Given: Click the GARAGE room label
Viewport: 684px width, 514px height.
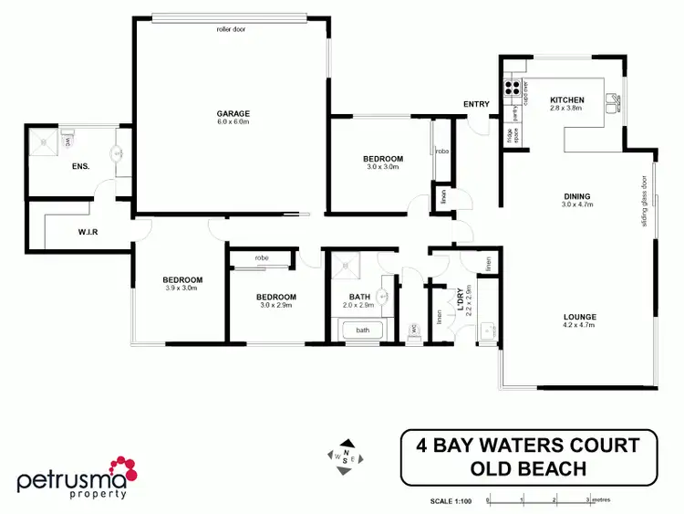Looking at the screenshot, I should pos(233,112).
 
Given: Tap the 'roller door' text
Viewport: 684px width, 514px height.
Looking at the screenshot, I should pos(231,29).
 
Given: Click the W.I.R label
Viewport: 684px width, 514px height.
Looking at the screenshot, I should pos(88,232).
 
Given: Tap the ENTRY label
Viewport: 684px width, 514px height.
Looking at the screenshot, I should pos(476,103).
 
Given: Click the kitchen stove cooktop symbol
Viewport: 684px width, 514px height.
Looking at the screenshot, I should pos(513,89).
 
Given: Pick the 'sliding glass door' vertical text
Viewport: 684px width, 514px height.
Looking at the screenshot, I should pos(644,202).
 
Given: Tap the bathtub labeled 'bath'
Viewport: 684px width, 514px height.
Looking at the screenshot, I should pos(363,330).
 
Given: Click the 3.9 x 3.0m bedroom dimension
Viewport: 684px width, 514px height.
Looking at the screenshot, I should pos(182,288).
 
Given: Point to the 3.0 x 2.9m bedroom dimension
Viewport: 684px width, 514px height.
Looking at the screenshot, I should pos(275,306).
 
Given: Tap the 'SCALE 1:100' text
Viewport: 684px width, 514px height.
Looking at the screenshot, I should pos(451,500).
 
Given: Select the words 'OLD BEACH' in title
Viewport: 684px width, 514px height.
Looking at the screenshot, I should pos(528,469).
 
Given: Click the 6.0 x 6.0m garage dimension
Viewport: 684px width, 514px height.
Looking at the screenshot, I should pos(233,121).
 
